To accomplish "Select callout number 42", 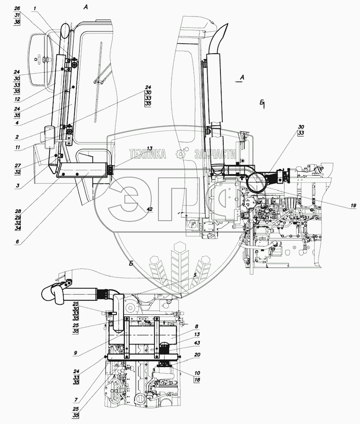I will pos(150,209).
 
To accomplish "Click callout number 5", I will pos(195,275).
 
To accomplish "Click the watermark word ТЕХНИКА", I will pos(147,154).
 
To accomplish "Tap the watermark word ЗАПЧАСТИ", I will pos(215,154).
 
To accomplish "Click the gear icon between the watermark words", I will pos(180,154).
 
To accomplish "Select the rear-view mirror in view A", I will pos(39,59).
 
